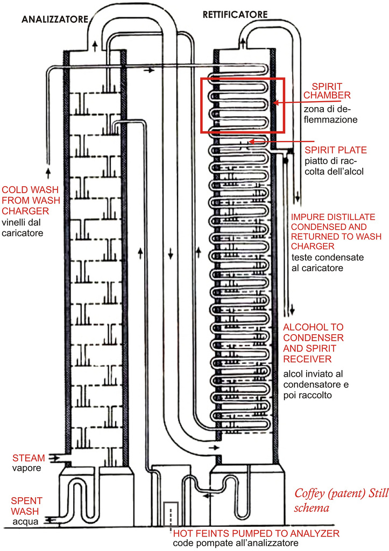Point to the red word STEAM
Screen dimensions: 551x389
(x=25, y=458)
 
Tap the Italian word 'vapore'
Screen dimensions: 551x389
(x=25, y=468)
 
